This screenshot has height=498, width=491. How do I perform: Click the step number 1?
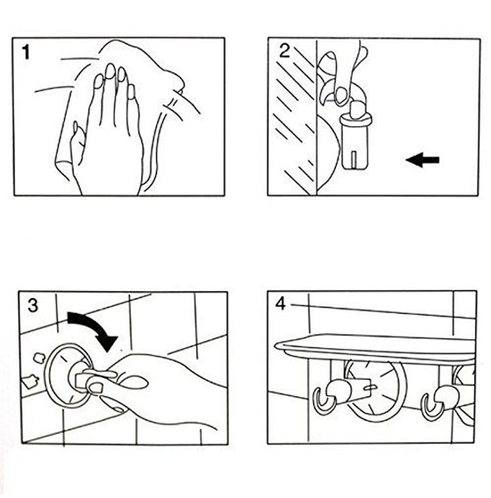click(26, 52)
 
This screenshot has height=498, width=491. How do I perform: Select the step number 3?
click(33, 305)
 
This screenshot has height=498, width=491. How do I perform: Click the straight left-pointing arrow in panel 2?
click(422, 161)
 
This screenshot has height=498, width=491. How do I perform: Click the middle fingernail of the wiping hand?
click(110, 72)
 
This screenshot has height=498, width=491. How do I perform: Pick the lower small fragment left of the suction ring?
click(30, 383)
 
